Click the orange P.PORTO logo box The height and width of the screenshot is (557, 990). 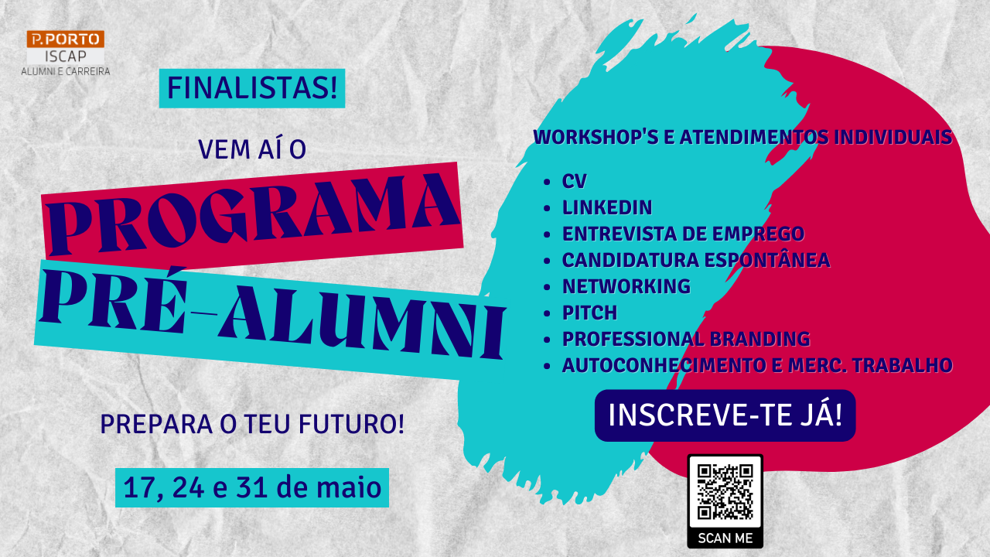click(66, 39)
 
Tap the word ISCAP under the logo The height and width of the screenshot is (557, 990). click(66, 56)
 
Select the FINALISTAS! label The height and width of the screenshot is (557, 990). click(252, 88)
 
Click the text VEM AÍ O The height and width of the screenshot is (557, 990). click(252, 149)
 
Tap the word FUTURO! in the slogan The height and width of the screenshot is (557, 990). click(351, 424)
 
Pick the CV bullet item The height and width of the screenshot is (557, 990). click(574, 181)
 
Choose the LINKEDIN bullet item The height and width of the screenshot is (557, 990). click(607, 207)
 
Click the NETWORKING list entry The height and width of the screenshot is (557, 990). click(626, 286)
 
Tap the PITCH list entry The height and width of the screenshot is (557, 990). click(589, 313)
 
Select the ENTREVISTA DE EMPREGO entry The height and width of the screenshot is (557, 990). click(683, 234)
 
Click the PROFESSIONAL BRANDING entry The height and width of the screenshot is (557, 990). click(686, 339)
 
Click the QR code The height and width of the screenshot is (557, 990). click(725, 491)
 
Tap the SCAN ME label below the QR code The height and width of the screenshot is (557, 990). click(725, 538)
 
